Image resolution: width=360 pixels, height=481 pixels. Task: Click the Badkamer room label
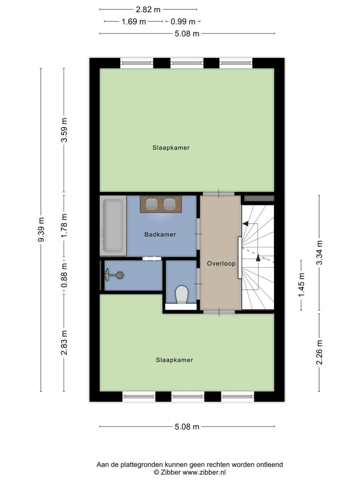(x=160, y=235)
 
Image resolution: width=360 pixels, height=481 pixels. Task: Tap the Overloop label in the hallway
(x=221, y=264)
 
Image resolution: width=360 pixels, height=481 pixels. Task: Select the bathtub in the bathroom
(x=113, y=226)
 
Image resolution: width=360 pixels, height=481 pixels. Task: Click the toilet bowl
(x=182, y=294)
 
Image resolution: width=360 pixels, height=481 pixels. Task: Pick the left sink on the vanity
(x=152, y=204)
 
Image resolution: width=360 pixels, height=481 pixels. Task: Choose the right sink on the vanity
(x=170, y=204)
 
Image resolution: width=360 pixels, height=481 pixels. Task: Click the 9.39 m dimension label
(x=41, y=229)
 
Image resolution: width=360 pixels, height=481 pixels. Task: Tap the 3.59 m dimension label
(x=64, y=130)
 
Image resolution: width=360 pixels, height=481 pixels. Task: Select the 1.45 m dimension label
(x=301, y=285)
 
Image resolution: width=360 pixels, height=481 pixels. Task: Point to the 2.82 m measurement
(x=148, y=9)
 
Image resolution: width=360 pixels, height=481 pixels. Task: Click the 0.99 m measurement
(x=183, y=22)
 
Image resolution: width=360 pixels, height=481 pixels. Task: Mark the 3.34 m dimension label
(x=320, y=253)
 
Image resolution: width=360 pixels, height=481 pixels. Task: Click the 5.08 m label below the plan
(x=187, y=427)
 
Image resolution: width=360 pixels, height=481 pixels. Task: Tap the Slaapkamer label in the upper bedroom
(x=171, y=148)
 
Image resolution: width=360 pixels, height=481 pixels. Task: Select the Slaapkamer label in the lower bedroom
(x=174, y=360)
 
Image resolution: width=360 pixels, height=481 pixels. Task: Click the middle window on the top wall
(x=187, y=63)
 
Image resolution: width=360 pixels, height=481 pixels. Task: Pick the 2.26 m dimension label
(x=320, y=352)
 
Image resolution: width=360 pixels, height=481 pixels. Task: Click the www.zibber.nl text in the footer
(x=204, y=473)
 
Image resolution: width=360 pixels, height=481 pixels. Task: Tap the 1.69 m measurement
(x=133, y=22)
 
